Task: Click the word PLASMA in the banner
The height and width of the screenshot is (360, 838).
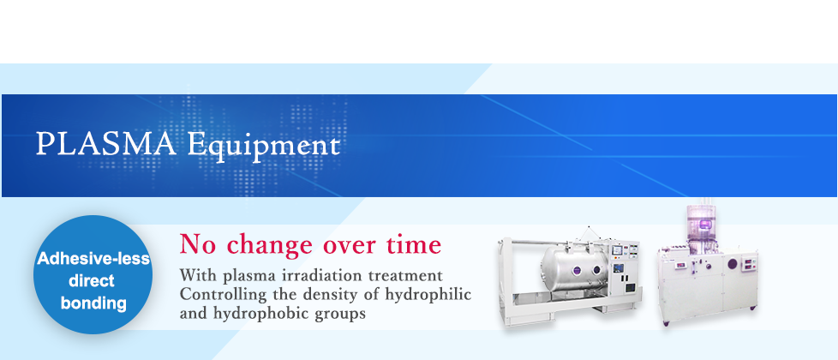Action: [x=105, y=144]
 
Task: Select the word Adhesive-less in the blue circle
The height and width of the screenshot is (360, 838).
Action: [x=93, y=260]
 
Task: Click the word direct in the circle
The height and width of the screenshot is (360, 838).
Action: [x=92, y=281]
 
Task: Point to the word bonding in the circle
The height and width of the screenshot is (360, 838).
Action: [x=93, y=303]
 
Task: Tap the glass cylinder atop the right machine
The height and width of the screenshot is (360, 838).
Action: [x=701, y=223]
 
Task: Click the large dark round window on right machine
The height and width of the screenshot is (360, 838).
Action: [x=732, y=263]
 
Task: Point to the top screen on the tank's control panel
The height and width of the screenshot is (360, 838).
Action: [x=617, y=249]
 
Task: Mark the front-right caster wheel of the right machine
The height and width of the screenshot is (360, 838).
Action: [x=752, y=309]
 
